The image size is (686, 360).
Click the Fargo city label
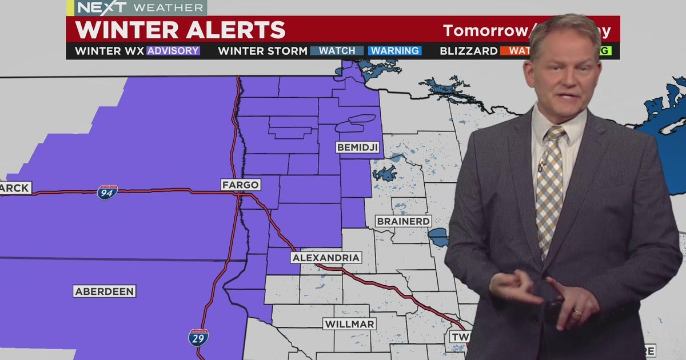click(x=241, y=185)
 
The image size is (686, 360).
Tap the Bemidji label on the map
click(x=358, y=147)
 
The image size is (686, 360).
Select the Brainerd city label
click(x=403, y=221)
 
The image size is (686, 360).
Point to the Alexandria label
click(x=326, y=258)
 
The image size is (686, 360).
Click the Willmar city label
click(x=349, y=324)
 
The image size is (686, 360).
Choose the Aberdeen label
click(x=105, y=291)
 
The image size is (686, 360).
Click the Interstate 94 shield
click(x=107, y=192)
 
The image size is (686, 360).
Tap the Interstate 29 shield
click(x=198, y=337)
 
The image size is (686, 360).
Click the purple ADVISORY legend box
click(x=173, y=51)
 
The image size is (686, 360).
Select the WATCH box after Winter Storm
click(x=337, y=51)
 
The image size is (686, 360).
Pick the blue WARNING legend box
click(x=394, y=51)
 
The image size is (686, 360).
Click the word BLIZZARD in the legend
click(x=468, y=51)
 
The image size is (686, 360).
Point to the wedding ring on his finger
click(x=577, y=313)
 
